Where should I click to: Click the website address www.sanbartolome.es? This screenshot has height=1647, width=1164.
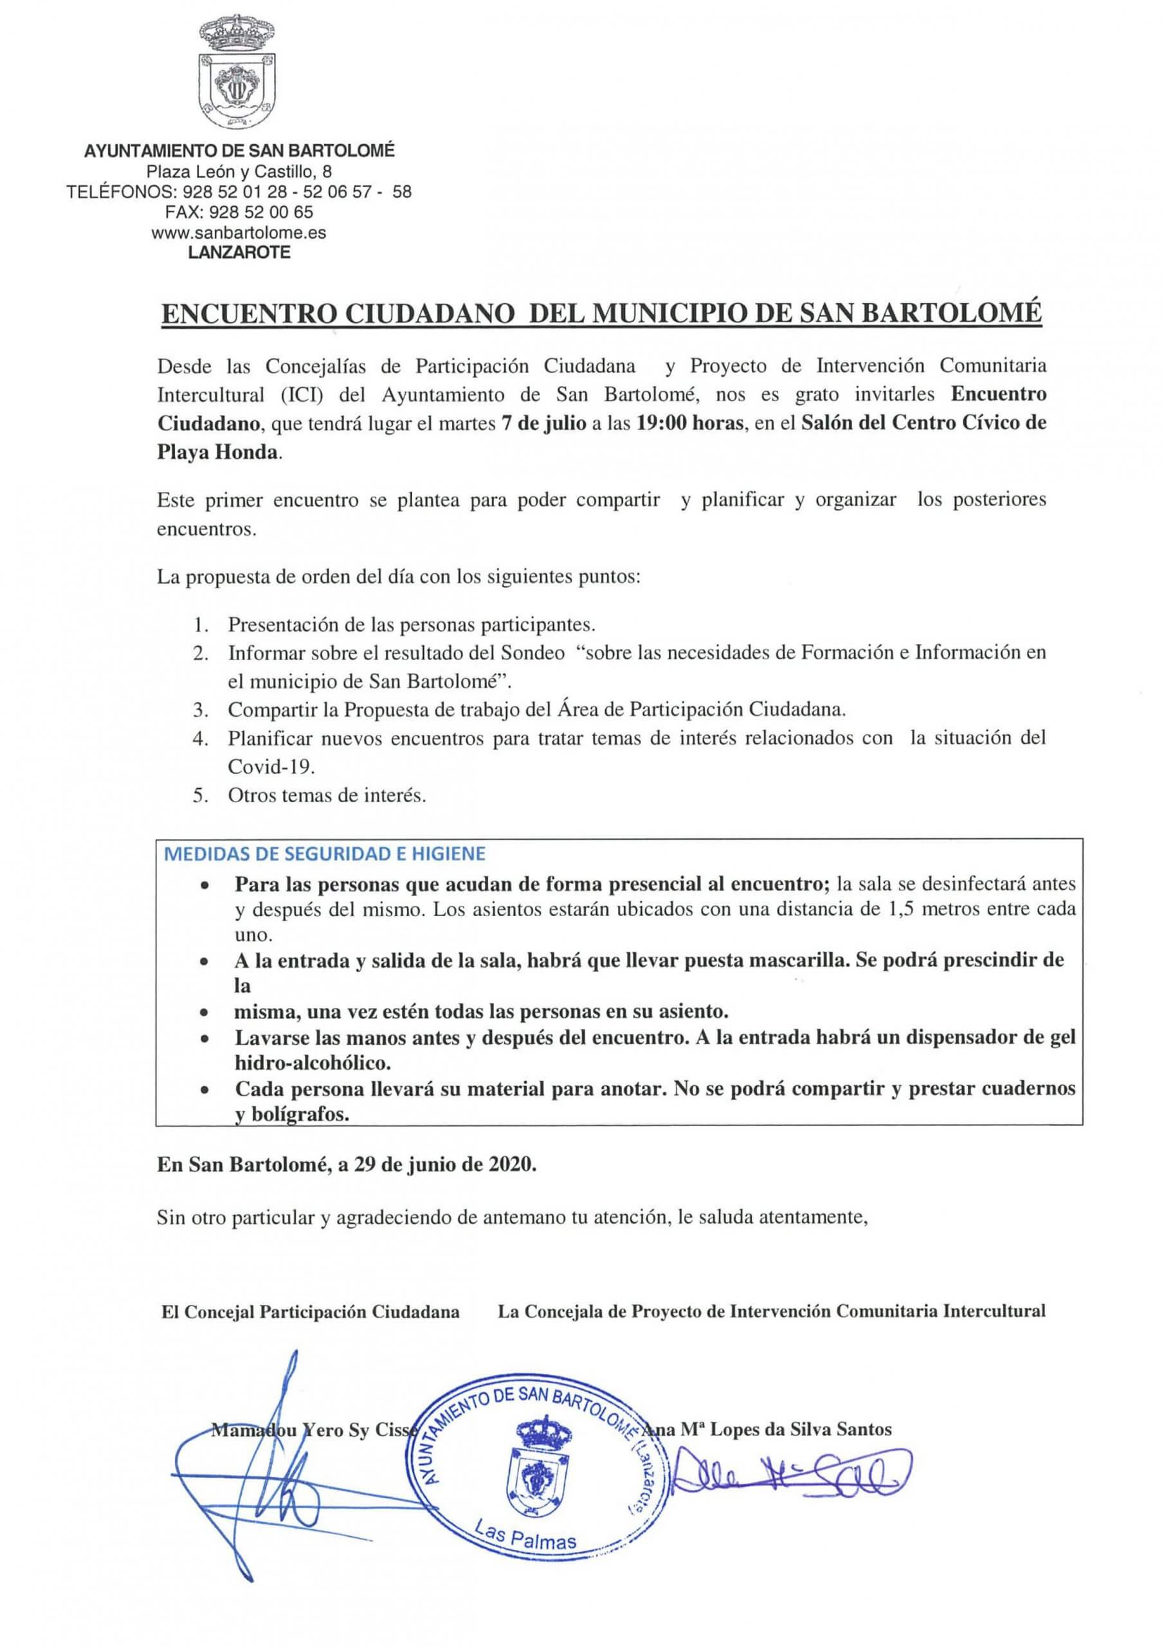[x=239, y=232]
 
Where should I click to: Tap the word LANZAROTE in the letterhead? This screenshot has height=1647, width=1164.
[x=239, y=252]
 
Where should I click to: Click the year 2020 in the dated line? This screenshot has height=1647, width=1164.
[x=510, y=1165]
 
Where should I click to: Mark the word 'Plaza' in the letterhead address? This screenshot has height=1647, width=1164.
[x=167, y=171]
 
